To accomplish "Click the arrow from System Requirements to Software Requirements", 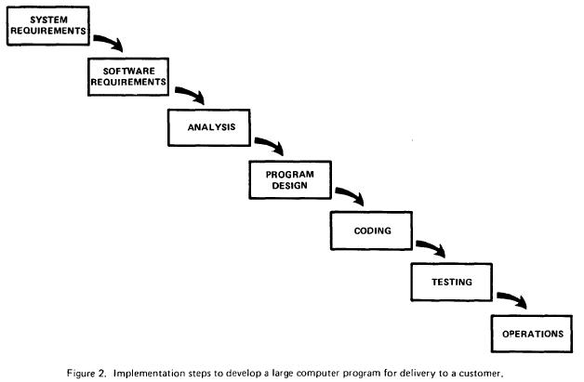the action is tap(111, 42).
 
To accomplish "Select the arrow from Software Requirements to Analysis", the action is tap(192, 94).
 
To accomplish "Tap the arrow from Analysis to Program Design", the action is tap(272, 144).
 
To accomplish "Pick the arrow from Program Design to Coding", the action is tap(352, 195).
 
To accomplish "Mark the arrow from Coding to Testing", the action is tap(432, 247).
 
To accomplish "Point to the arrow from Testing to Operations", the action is tap(514, 298).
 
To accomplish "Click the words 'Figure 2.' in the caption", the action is tap(88, 373).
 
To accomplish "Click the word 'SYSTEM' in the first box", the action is tap(48, 20).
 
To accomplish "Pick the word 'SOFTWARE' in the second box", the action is tap(129, 72).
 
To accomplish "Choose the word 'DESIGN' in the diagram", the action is tap(290, 185).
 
